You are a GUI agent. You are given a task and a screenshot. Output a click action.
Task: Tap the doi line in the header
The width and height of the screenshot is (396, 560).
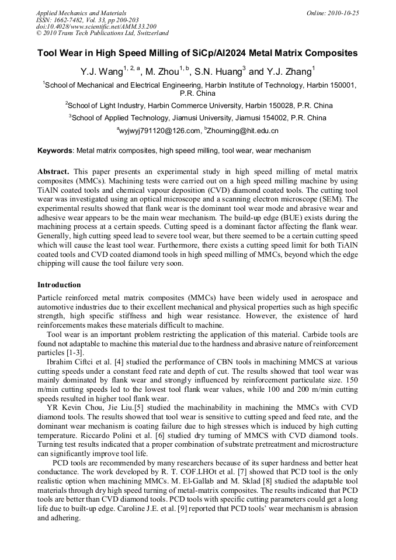[x=96, y=27]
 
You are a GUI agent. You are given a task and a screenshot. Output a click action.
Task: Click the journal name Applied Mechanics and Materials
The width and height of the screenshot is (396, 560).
[x=81, y=13]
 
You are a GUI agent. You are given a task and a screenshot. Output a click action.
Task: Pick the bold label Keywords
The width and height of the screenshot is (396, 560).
[x=55, y=151]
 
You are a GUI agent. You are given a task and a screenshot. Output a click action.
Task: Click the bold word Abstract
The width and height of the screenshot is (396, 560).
[x=53, y=172]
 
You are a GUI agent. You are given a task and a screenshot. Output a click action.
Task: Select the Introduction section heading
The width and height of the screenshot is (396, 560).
[x=59, y=285]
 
